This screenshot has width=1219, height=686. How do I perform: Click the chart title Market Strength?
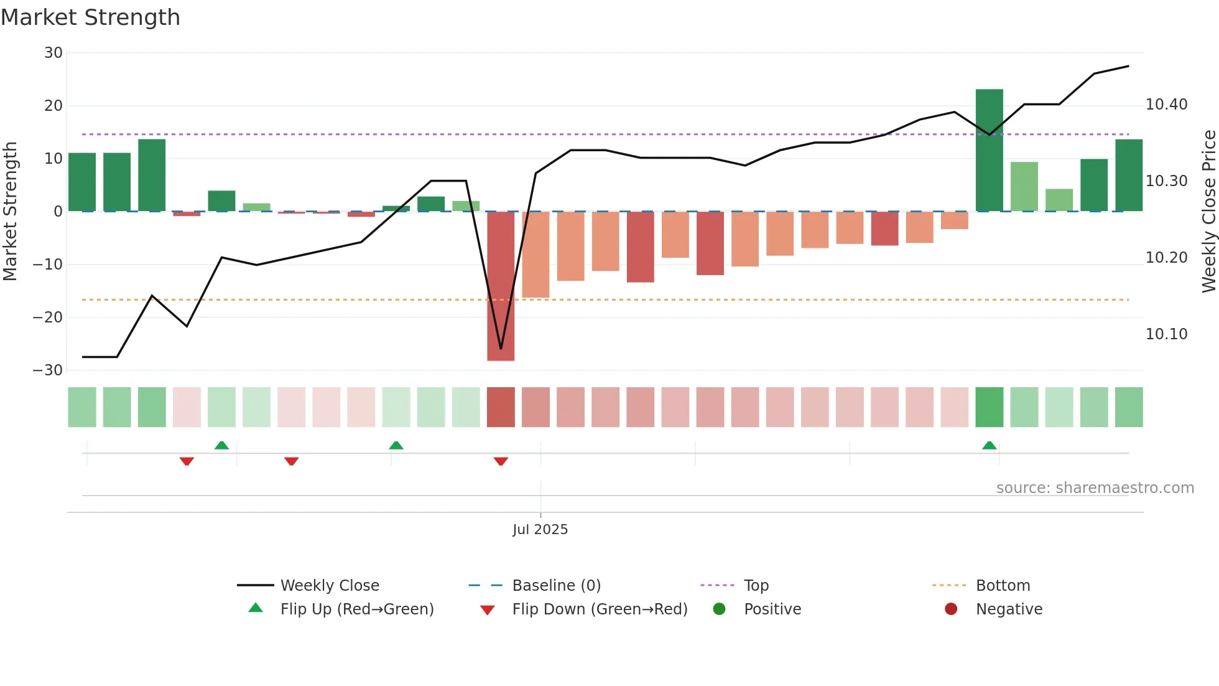tap(91, 17)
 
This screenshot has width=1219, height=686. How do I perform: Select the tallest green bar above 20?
tap(989, 149)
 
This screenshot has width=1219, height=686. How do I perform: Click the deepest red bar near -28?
tap(501, 286)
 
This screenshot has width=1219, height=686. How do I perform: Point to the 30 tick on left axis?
tap(53, 53)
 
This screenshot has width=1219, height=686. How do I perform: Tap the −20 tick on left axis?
tap(48, 317)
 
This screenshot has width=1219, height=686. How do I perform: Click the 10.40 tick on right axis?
tap(1166, 105)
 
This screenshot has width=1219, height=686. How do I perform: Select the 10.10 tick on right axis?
tap(1166, 334)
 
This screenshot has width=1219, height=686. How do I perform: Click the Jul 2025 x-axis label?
tap(540, 529)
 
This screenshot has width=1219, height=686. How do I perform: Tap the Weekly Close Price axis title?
tap(1208, 212)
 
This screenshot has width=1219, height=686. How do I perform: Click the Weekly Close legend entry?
tap(329, 586)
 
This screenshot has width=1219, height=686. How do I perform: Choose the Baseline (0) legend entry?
tap(556, 586)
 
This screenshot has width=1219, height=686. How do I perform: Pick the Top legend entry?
tap(756, 586)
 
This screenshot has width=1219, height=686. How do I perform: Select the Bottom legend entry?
tap(1003, 586)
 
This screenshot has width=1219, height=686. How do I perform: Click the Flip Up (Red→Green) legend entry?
tap(356, 609)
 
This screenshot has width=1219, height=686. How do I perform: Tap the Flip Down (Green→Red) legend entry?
tap(600, 609)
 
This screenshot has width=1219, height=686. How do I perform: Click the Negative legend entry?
tap(1009, 609)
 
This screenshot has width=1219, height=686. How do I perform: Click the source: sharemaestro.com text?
tap(1095, 488)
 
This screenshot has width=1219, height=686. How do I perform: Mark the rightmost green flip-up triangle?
tap(989, 445)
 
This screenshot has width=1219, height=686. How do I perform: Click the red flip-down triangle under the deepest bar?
tap(501, 461)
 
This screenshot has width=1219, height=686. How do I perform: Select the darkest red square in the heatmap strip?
tap(501, 407)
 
